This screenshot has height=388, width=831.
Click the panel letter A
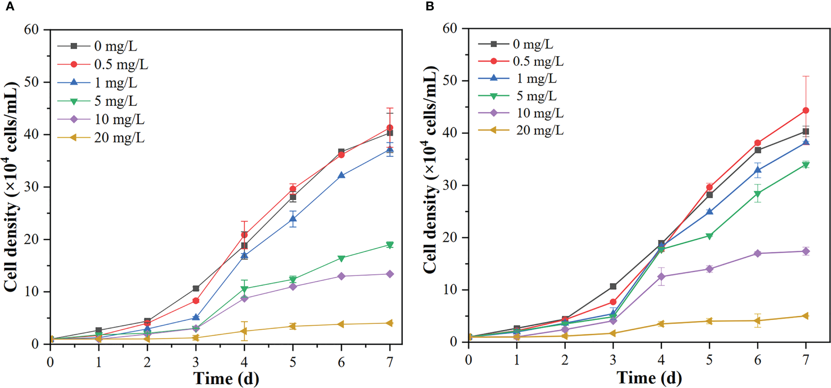click(9, 7)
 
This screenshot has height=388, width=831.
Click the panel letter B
click(429, 6)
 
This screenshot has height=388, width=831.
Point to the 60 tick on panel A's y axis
click(31, 30)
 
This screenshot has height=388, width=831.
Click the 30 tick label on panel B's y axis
click(450, 185)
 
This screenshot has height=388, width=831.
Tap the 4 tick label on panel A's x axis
click(244, 362)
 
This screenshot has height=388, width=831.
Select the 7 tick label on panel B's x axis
click(806, 360)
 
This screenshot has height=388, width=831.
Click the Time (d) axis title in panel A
click(226, 379)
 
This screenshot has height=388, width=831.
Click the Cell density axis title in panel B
click(430, 170)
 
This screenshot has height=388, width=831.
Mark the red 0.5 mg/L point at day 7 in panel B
click(806, 111)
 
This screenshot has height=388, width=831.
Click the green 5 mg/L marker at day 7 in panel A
click(390, 245)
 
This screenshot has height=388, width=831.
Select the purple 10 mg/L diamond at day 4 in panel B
click(661, 277)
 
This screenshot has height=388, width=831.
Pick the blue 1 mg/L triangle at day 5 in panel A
click(293, 219)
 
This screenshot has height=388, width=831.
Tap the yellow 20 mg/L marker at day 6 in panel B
click(758, 320)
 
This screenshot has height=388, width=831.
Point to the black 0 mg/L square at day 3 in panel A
click(196, 289)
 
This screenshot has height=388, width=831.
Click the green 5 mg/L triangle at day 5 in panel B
click(709, 236)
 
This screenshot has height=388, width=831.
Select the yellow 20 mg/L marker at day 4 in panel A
click(244, 331)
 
